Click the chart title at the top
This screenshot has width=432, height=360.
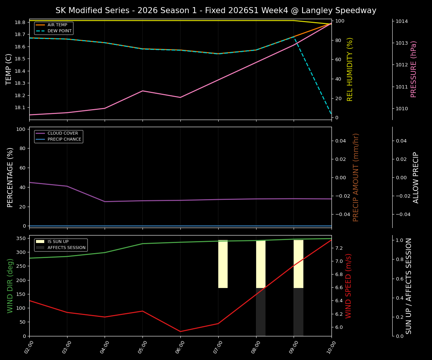216,10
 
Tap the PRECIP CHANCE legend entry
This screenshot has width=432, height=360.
64,139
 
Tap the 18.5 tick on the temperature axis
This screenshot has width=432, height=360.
19,59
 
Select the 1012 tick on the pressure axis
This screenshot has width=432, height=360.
403,65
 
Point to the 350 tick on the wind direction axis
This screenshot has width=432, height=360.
21,238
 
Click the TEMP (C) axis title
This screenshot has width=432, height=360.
9,69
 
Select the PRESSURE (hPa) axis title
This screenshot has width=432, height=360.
414,69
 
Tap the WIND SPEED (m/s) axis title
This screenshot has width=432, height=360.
349,286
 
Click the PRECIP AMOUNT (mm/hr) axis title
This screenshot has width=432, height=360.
356,177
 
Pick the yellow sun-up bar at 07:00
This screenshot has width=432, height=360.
223,264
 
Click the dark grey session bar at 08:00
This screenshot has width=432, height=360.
261,312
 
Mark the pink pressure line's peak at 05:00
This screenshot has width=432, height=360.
142,91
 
